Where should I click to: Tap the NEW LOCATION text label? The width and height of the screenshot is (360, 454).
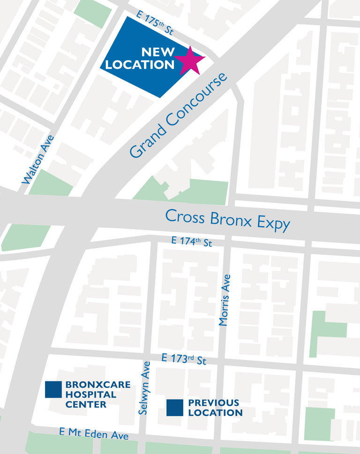140,59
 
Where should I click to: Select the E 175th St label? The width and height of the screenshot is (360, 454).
155,24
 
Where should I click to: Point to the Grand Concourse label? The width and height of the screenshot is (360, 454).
178,115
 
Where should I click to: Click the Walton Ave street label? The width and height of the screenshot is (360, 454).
38,159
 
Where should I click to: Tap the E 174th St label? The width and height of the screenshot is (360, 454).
192,242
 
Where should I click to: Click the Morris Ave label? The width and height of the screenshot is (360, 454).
225,300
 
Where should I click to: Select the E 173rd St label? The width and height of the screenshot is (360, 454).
184,359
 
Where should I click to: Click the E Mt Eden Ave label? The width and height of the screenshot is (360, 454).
94,433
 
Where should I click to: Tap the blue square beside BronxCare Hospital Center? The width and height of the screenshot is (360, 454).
53,389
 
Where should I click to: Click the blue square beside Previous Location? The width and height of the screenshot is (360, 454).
175,408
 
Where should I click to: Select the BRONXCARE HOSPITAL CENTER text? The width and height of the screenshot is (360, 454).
97,394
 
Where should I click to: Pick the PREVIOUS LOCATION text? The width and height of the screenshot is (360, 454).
215,408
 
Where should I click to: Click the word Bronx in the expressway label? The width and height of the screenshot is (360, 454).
231,219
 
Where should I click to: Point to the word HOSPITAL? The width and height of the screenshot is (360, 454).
90,394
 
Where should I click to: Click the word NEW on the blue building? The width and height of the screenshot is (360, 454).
158,52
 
